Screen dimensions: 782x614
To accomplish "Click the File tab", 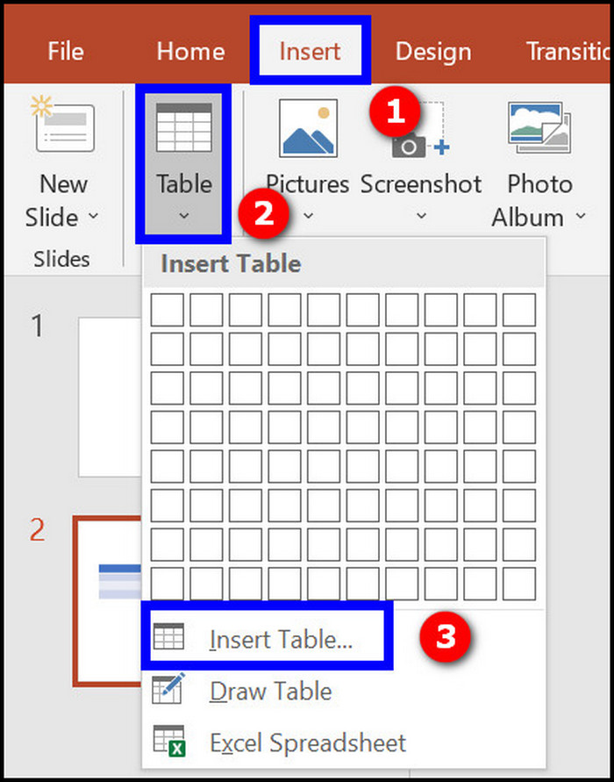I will click(66, 51).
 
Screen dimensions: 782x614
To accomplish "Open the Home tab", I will click(190, 51).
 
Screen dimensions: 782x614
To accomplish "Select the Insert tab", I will click(310, 51).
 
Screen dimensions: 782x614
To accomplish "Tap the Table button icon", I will click(183, 130).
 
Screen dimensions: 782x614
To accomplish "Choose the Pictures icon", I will click(308, 128).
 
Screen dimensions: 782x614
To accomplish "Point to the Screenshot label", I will click(421, 184).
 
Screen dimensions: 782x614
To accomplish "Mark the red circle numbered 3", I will click(446, 636).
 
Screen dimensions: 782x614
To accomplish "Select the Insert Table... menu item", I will click(281, 640).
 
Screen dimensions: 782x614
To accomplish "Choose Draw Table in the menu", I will click(271, 692).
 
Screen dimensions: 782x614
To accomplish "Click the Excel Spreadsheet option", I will click(308, 743).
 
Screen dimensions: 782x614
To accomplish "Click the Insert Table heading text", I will click(231, 263).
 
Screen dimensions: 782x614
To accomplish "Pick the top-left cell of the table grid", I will click(168, 310).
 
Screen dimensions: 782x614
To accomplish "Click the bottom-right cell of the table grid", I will click(519, 583).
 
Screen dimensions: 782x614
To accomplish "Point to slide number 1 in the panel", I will click(37, 326).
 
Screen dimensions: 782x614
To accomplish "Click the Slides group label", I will click(61, 259).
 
